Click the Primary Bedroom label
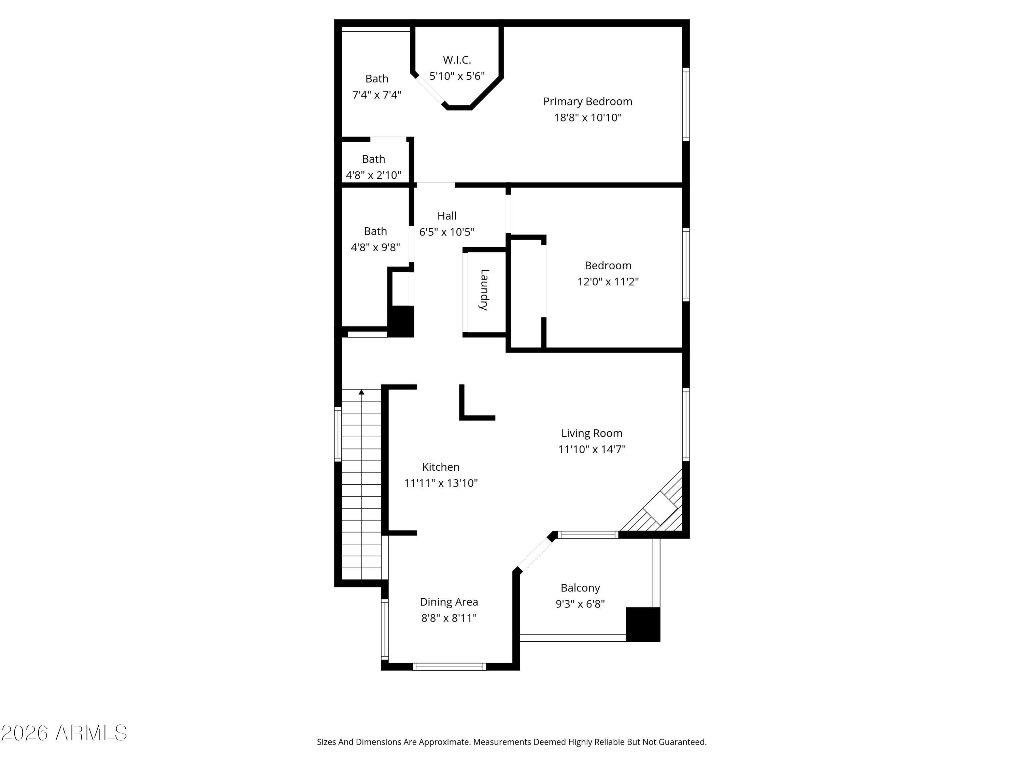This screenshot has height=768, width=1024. pos(587,101)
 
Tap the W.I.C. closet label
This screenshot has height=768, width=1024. pos(457,60)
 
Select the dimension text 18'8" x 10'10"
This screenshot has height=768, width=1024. pos(587,117)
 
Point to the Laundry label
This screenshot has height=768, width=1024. pos(484,289)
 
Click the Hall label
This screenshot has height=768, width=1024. pos(447,216)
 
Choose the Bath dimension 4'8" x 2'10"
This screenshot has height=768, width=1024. pos(373,175)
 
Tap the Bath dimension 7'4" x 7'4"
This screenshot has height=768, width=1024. pos(376,95)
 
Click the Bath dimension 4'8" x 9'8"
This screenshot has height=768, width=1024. pos(375,247)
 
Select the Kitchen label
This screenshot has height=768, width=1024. pos(441,467)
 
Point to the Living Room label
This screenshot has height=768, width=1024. pos(592,433)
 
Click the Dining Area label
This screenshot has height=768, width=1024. pos(449,602)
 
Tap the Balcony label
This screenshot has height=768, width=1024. pos(580,588)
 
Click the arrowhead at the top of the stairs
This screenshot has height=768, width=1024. pos(361,392)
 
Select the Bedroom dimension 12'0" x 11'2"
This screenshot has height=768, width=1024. pos(608,282)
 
